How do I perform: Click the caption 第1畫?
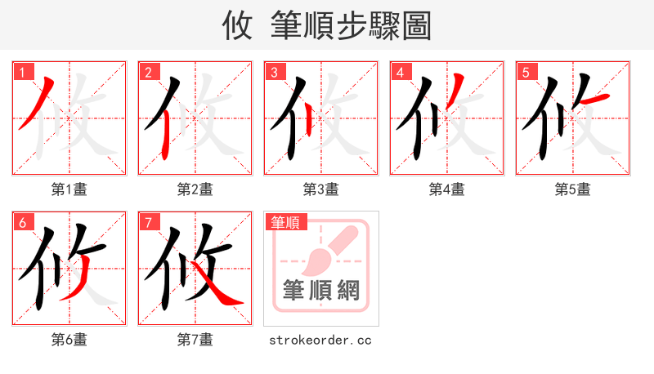[x=69, y=189]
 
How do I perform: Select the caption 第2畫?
[x=195, y=189]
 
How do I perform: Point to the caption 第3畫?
[x=321, y=189]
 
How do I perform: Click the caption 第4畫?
[x=447, y=189]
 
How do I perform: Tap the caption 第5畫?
[x=573, y=189]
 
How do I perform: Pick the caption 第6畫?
[x=69, y=339]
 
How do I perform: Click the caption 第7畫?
[x=195, y=339]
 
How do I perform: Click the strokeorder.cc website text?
[x=320, y=339]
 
